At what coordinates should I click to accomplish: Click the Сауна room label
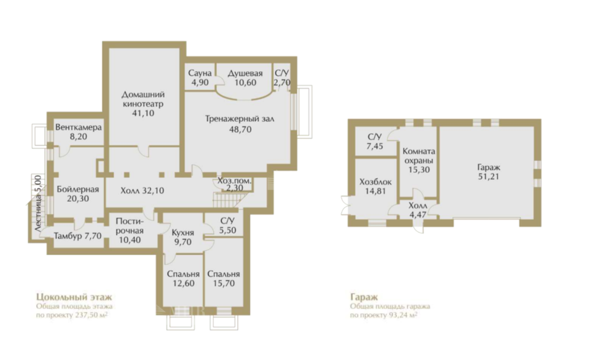click(x=200, y=73)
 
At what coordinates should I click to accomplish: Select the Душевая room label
click(x=245, y=73)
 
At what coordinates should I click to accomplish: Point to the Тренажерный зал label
click(x=240, y=119)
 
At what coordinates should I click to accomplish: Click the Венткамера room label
click(x=78, y=127)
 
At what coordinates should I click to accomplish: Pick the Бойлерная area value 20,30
click(x=78, y=198)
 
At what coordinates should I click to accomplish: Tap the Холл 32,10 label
click(x=142, y=190)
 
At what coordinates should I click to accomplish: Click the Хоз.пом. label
click(x=235, y=181)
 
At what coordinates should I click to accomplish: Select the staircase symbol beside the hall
click(x=226, y=200)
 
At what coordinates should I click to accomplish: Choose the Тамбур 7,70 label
click(x=78, y=236)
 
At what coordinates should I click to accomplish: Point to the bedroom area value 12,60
click(x=183, y=283)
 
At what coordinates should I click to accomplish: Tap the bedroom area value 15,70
click(x=223, y=283)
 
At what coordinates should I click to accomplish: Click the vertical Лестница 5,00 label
click(x=37, y=204)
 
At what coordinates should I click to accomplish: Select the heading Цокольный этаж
click(x=74, y=296)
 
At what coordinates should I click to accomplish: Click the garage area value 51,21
click(x=489, y=176)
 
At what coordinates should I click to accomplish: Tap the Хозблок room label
click(x=375, y=182)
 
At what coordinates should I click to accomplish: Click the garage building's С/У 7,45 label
click(x=375, y=141)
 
